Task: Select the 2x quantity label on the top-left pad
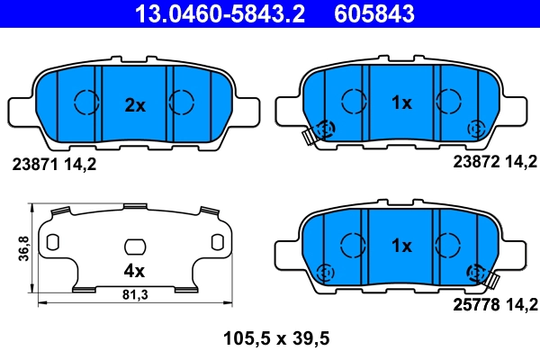(x=134, y=105)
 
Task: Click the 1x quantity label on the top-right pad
(x=400, y=103)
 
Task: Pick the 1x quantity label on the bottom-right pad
(x=400, y=245)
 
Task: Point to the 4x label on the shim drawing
(x=134, y=269)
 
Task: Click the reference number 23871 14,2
(x=52, y=165)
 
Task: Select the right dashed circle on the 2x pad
(x=183, y=102)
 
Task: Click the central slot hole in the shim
(x=134, y=246)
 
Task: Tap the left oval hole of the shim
(x=52, y=242)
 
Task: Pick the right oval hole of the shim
(x=216, y=242)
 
